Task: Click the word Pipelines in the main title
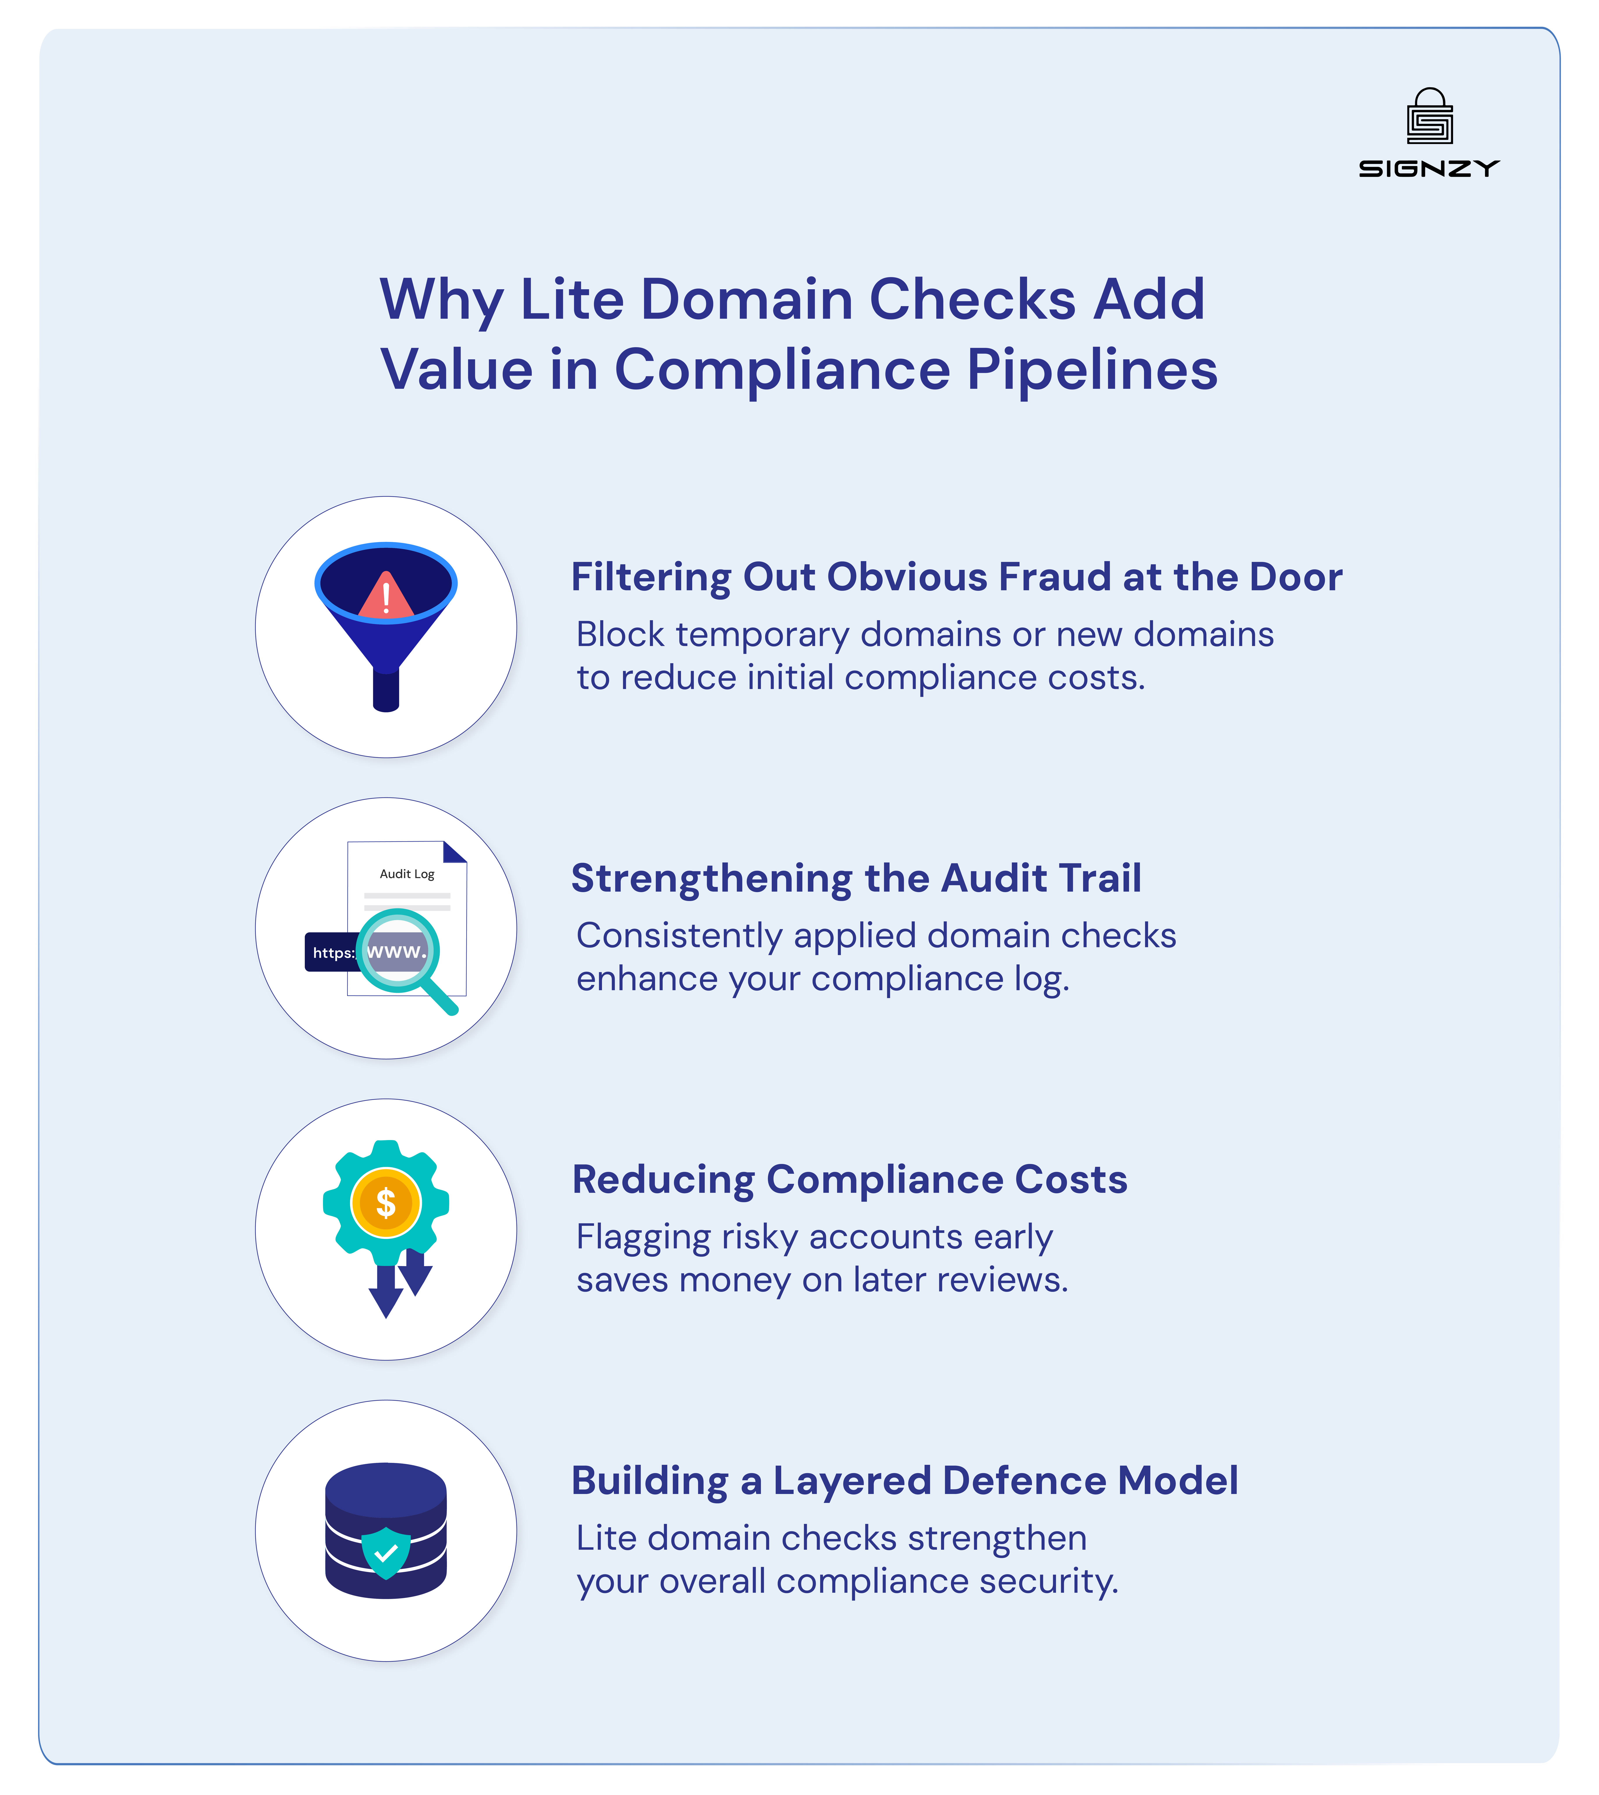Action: (x=1092, y=370)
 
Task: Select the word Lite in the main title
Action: (x=572, y=300)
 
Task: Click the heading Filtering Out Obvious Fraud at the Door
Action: (x=956, y=577)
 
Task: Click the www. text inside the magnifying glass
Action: (x=396, y=952)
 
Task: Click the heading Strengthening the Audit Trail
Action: (x=856, y=879)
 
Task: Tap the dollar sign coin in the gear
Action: (x=386, y=1203)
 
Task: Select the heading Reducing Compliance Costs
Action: (x=849, y=1180)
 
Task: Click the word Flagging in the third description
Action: (x=643, y=1237)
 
